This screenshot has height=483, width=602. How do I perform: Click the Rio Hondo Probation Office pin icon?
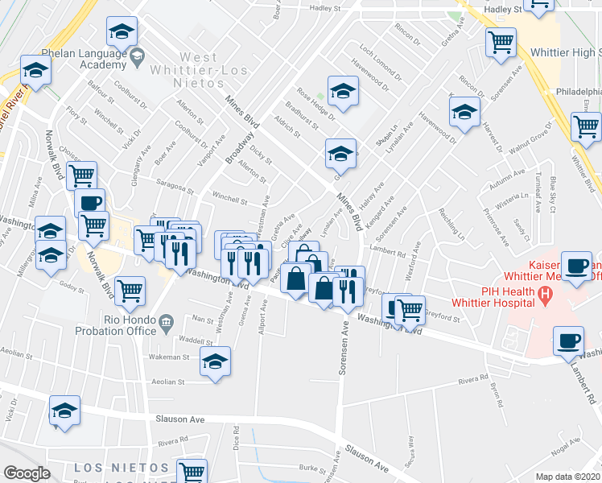pyautogui.click(x=166, y=323)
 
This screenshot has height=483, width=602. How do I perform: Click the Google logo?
pyautogui.click(x=27, y=473)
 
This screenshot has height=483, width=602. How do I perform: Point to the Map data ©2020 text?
pyautogui.click(x=568, y=477)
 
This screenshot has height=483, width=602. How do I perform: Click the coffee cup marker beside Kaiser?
pyautogui.click(x=577, y=266)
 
